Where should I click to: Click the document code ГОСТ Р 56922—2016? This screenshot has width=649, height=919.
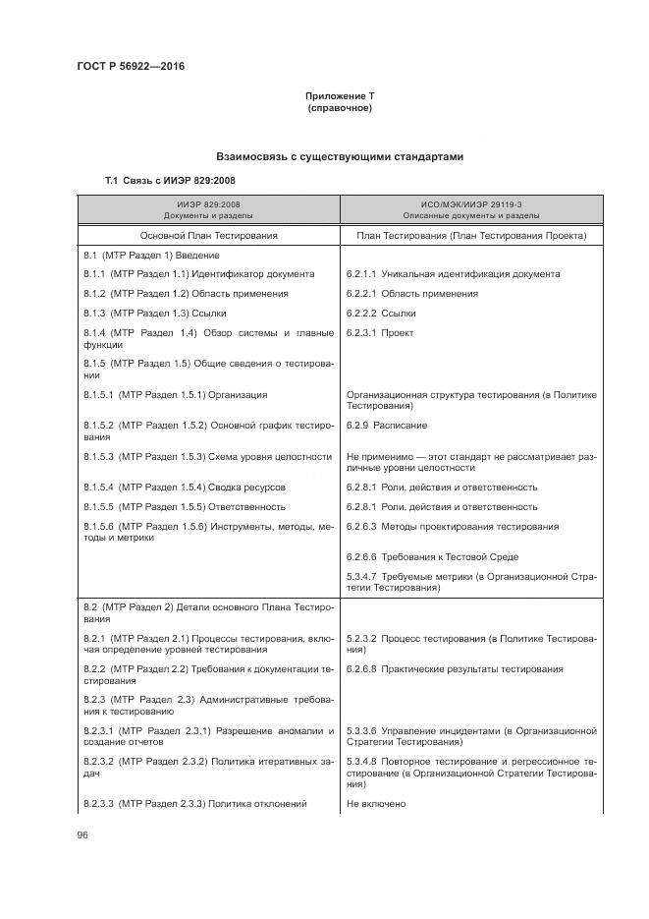131,66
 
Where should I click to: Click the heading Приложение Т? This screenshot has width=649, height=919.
340,95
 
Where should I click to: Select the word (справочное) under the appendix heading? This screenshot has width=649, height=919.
340,107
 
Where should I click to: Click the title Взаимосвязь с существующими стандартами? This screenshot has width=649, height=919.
340,157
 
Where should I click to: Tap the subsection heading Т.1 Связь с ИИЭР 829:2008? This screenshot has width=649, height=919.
170,181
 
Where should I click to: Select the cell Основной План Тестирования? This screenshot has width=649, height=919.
208,236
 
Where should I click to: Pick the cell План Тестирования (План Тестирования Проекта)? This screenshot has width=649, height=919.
471,236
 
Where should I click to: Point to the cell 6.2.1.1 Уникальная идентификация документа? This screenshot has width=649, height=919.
453,274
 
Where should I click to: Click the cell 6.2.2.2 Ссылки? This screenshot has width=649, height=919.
381,313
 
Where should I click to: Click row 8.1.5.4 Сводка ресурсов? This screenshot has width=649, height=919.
185,488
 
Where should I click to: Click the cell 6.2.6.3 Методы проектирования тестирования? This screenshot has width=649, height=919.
453,527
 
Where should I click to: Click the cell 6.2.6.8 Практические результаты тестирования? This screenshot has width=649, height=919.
455,669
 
